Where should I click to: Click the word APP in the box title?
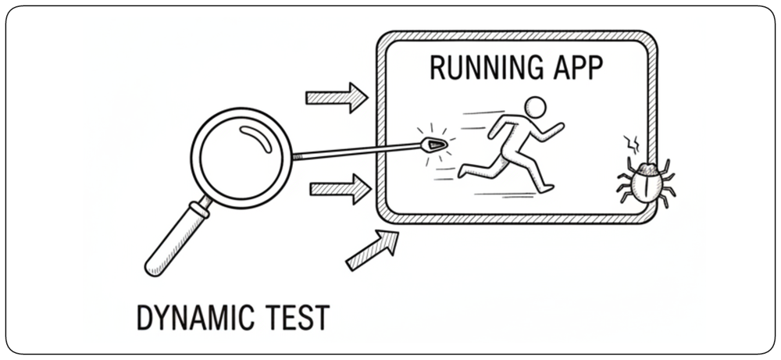pos(579,68)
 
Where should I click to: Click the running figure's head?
pos(536,107)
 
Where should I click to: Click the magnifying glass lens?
pos(241,157)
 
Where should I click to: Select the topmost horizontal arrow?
pos(337,98)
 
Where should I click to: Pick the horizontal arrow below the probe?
pos(341,189)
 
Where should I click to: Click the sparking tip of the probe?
pos(434,145)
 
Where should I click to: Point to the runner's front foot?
pos(547,189)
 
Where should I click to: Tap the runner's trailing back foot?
pos(462,172)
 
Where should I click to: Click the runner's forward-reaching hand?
pos(559,127)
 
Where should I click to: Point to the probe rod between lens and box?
pos(356,151)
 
